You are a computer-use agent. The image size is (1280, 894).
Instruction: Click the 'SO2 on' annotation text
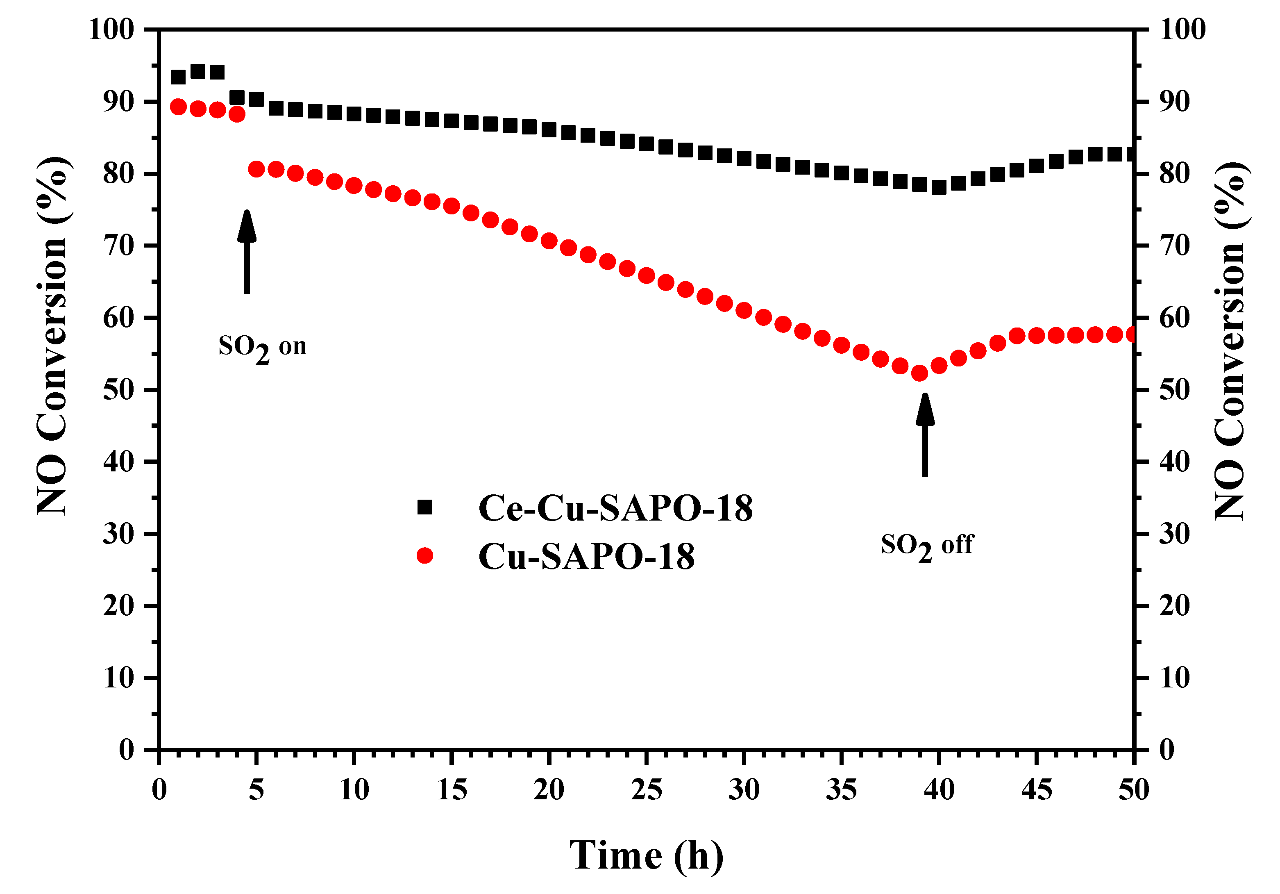click(262, 348)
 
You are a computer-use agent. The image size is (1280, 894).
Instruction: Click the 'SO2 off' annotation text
click(926, 546)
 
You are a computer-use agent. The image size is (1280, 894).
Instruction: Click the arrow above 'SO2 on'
click(247, 251)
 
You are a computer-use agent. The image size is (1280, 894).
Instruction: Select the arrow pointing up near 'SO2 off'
click(925, 435)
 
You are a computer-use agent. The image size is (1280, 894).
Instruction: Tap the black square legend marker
click(425, 507)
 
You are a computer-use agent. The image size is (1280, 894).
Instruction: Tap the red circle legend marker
click(425, 555)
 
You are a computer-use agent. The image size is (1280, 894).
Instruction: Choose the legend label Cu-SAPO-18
click(586, 557)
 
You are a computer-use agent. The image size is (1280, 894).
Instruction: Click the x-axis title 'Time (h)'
click(646, 855)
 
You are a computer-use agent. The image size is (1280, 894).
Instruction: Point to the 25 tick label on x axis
click(647, 790)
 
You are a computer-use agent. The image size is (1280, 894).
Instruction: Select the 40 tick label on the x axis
click(939, 790)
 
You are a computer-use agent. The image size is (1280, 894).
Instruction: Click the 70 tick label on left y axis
click(118, 246)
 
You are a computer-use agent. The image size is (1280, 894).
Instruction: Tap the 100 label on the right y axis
click(1182, 29)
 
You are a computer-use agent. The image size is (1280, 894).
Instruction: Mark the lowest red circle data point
click(919, 373)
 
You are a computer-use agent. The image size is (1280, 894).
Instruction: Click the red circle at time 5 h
click(256, 170)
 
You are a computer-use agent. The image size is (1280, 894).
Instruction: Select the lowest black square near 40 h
click(939, 187)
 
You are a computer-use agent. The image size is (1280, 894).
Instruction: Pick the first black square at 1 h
click(178, 77)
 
